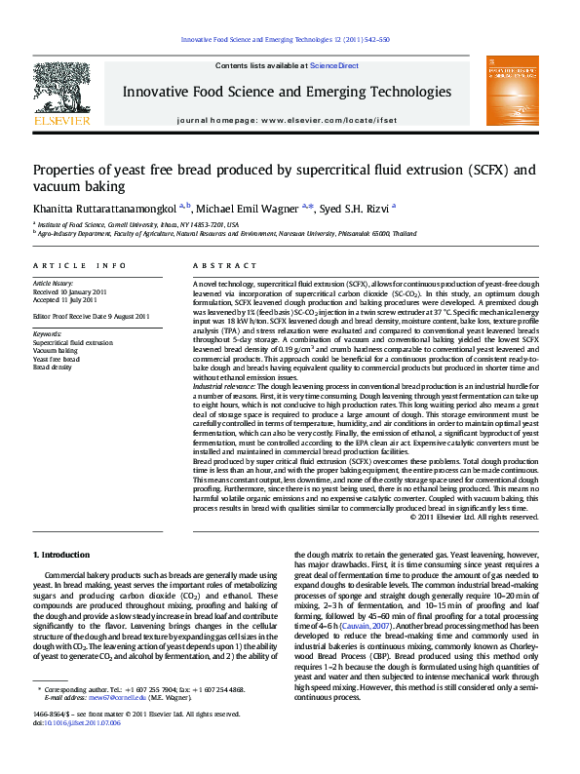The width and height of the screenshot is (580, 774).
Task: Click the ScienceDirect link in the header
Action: [334, 65]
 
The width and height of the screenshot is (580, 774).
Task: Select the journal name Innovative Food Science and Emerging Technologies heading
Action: [286, 92]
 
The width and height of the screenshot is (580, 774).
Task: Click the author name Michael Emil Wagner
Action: [248, 209]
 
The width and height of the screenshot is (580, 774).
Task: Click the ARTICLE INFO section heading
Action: [79, 265]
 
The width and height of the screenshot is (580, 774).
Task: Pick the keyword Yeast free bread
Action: [57, 359]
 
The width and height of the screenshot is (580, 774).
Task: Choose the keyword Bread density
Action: [52, 368]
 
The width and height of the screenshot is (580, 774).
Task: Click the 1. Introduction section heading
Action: [61, 555]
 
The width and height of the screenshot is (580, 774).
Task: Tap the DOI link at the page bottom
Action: [71, 751]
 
